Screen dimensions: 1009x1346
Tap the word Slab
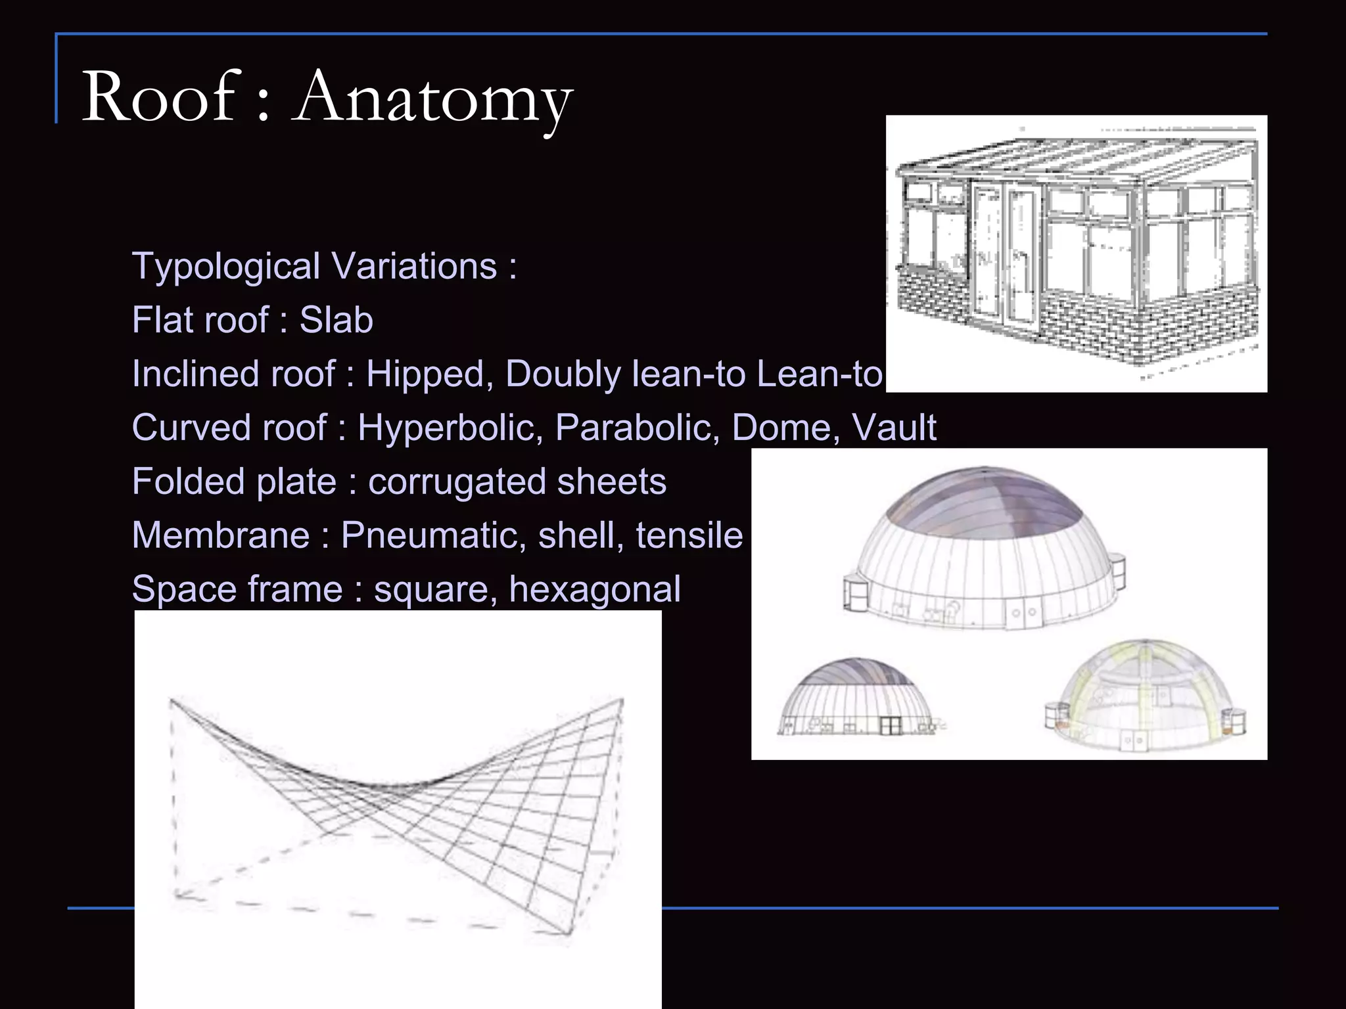click(x=336, y=321)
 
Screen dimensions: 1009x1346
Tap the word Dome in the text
click(x=782, y=428)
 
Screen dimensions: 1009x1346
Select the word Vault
click(x=894, y=428)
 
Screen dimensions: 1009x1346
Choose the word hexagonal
click(x=594, y=589)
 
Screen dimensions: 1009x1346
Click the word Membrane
click(x=221, y=535)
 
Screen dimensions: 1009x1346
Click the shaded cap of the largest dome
click(x=984, y=499)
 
